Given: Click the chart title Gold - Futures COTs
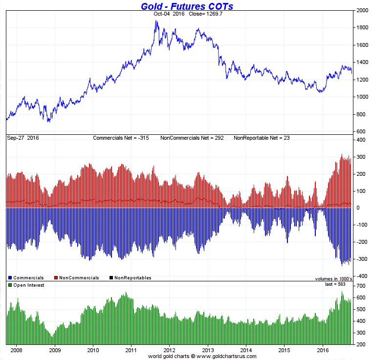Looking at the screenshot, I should pyautogui.click(x=187, y=6).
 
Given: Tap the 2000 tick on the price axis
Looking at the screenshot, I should pyautogui.click(x=362, y=10).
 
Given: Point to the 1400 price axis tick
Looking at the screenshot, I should pyautogui.click(x=362, y=63).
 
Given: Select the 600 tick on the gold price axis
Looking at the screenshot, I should pyautogui.click(x=361, y=131).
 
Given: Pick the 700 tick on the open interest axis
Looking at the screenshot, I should pyautogui.click(x=361, y=285).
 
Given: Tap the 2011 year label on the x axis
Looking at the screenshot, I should pyautogui.click(x=131, y=350).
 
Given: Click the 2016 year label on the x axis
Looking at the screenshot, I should pyautogui.click(x=323, y=350).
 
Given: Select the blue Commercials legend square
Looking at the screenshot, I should pyautogui.click(x=10, y=278).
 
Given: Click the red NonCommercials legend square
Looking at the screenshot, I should pyautogui.click(x=56, y=278).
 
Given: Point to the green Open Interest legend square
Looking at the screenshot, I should pyautogui.click(x=10, y=285).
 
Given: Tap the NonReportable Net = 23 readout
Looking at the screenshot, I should pyautogui.click(x=262, y=138).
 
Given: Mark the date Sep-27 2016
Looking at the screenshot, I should pyautogui.click(x=23, y=138).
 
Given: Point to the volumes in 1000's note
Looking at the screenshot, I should pyautogui.click(x=334, y=279).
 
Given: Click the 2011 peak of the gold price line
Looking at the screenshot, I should pyautogui.click(x=156, y=21).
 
